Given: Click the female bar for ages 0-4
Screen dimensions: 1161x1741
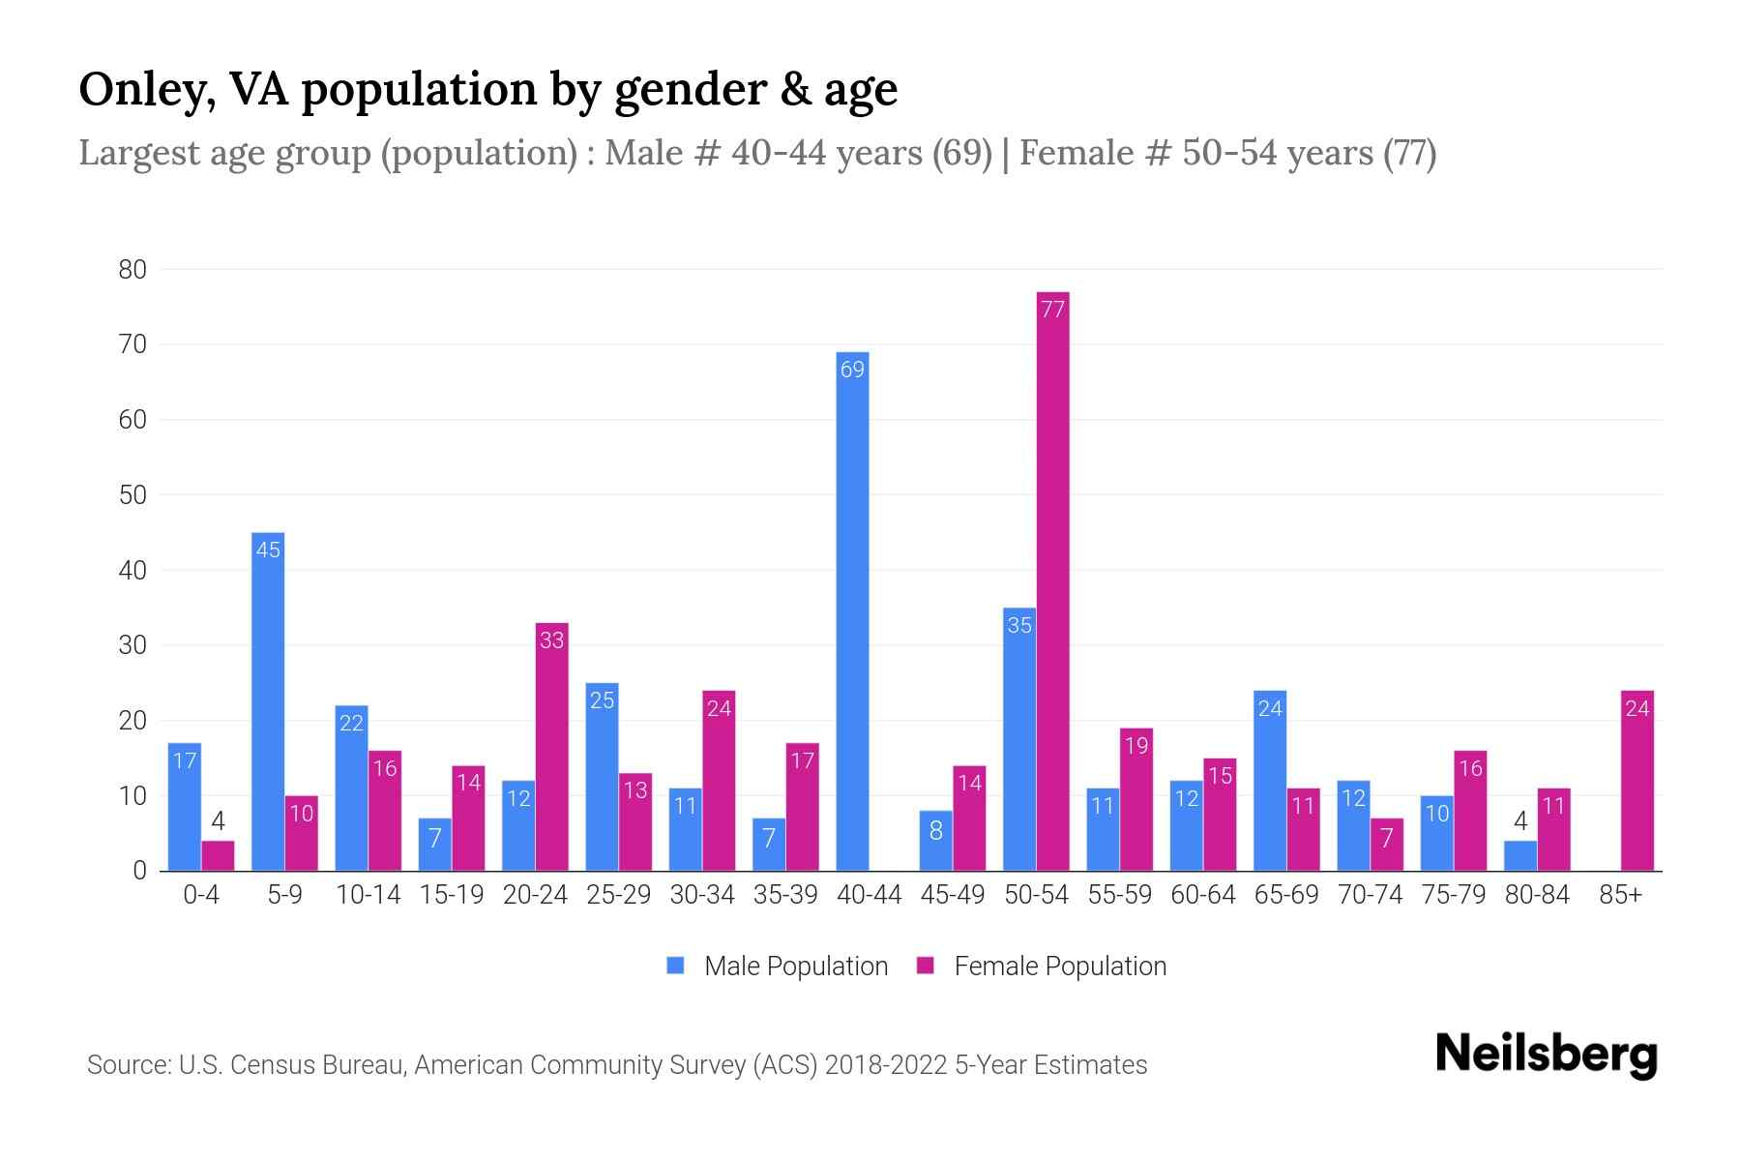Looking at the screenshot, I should (218, 856).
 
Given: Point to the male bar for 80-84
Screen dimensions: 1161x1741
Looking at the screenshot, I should (1520, 856).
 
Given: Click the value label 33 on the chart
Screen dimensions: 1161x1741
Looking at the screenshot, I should (551, 640).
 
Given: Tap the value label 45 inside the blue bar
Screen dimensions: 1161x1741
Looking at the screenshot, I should (268, 551).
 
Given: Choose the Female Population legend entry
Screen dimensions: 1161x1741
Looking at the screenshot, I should (1042, 967).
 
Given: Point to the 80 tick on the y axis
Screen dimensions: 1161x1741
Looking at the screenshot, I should (133, 270).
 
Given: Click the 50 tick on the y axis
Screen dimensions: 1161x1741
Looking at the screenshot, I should (133, 495).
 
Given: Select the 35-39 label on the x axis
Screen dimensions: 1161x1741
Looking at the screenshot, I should (785, 895).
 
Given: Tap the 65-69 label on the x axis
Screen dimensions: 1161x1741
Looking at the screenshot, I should (1286, 895).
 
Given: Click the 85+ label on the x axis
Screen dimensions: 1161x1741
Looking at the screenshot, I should (1620, 895).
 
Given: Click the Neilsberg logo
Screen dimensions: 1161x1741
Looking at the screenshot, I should (1546, 1055).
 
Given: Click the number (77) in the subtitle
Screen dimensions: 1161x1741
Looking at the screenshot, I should (1409, 153).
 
